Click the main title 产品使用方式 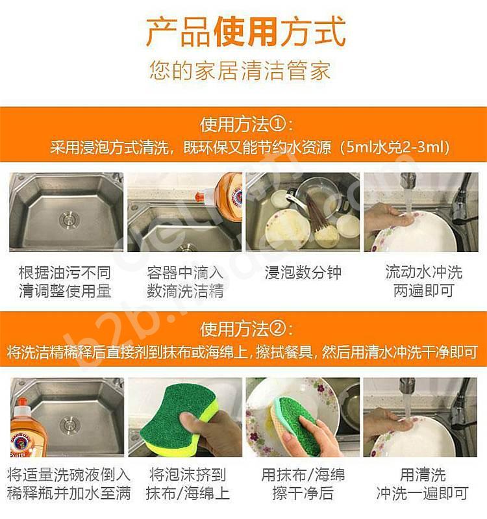click(x=245, y=32)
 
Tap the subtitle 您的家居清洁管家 click(x=240, y=71)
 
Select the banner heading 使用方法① click(x=246, y=125)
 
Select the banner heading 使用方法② click(x=246, y=329)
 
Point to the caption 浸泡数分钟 click(x=303, y=273)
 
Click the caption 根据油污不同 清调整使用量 click(x=65, y=282)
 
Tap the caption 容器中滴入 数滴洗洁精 click(x=185, y=282)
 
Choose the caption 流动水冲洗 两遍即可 click(x=423, y=281)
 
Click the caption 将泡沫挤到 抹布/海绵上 click(x=188, y=484)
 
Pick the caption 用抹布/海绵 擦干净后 click(x=303, y=484)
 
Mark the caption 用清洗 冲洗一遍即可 click(x=423, y=484)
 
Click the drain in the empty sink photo click(x=69, y=219)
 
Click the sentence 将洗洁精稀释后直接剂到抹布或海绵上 click(x=127, y=352)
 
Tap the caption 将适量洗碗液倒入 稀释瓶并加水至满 click(x=69, y=484)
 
